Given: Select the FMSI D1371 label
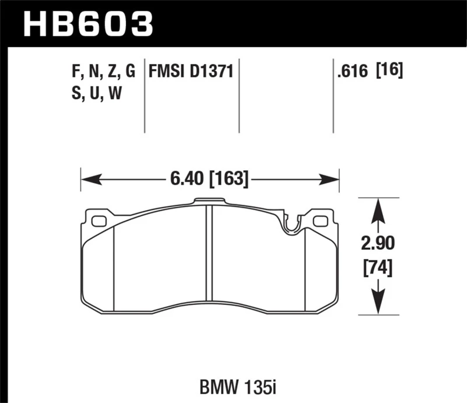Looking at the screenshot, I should pos(191,72).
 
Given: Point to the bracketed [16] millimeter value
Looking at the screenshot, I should pos(391,72).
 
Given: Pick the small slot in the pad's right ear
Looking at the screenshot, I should pos(320,221).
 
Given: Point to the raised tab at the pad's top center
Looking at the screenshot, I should pos(209,202).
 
